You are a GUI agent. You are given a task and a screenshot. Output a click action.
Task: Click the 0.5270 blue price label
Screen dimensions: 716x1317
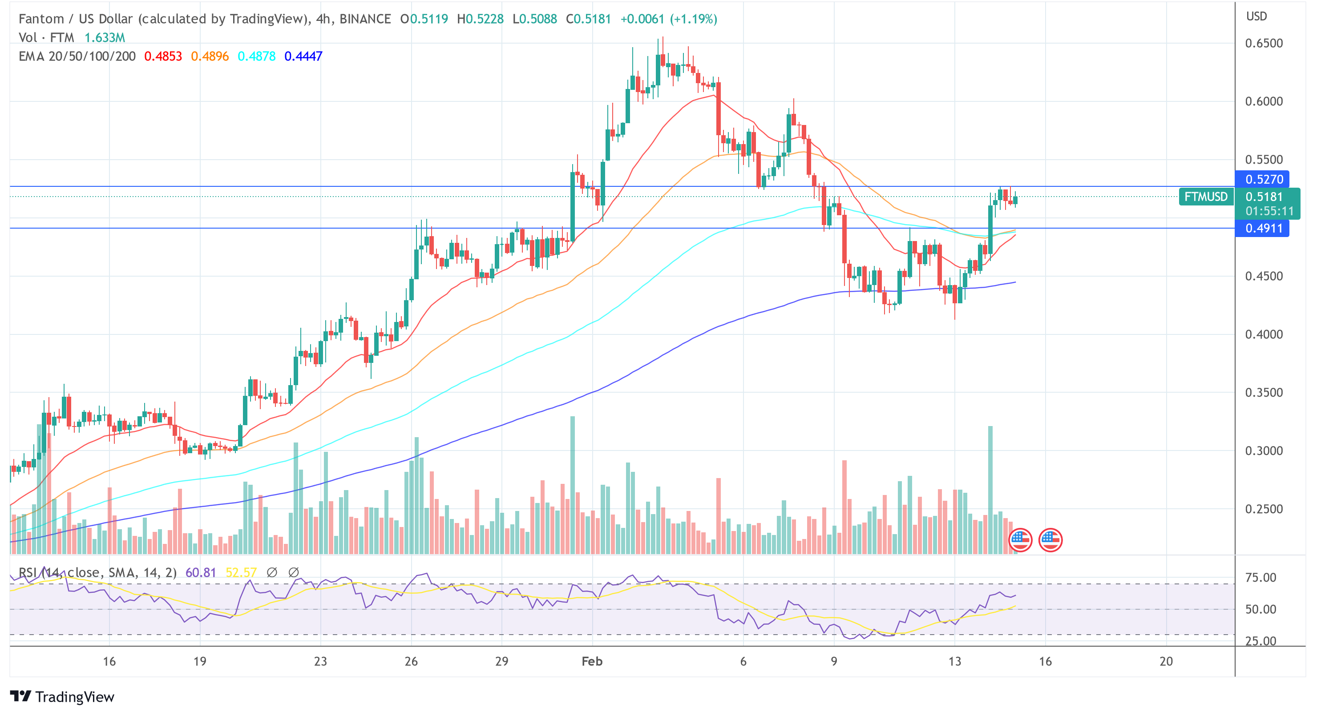click(x=1263, y=179)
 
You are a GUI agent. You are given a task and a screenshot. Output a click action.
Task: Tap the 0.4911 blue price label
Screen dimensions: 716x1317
click(x=1263, y=228)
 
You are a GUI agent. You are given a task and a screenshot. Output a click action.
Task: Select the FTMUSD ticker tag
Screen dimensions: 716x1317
click(x=1206, y=197)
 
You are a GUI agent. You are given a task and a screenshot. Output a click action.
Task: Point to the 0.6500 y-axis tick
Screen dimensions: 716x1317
click(x=1263, y=44)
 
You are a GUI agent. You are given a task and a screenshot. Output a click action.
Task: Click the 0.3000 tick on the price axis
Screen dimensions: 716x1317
click(x=1263, y=451)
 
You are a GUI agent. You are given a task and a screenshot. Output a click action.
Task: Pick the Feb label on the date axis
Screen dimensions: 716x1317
click(x=592, y=661)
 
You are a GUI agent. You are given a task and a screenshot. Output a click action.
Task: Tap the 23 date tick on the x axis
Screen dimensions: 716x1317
click(x=320, y=661)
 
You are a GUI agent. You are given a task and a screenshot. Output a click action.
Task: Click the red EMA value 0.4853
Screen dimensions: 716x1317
click(x=163, y=56)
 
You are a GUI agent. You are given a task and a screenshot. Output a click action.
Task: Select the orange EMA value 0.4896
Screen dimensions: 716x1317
click(x=210, y=56)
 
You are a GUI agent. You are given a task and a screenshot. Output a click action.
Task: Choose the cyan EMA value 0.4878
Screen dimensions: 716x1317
click(x=257, y=56)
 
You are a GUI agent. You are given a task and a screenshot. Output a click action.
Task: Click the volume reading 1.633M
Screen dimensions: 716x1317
click(x=105, y=38)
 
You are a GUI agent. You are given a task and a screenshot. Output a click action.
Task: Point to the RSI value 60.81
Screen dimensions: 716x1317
click(x=200, y=572)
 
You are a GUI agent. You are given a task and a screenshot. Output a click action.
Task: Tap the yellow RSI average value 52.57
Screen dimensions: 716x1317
click(x=241, y=572)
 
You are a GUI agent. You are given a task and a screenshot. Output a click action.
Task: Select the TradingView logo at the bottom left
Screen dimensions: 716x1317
click(x=62, y=697)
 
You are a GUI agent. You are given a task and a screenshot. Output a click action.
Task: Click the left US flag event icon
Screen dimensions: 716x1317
click(x=1020, y=540)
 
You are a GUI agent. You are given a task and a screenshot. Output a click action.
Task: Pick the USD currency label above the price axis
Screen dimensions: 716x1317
click(x=1256, y=16)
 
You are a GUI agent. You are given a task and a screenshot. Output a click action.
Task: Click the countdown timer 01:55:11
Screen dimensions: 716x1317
click(x=1269, y=210)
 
